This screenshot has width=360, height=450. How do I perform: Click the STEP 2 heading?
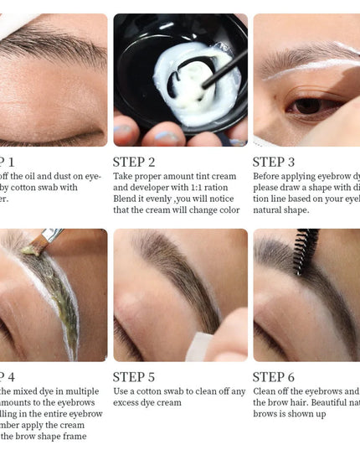point(134,163)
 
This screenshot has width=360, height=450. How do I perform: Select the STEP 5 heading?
point(134,377)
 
